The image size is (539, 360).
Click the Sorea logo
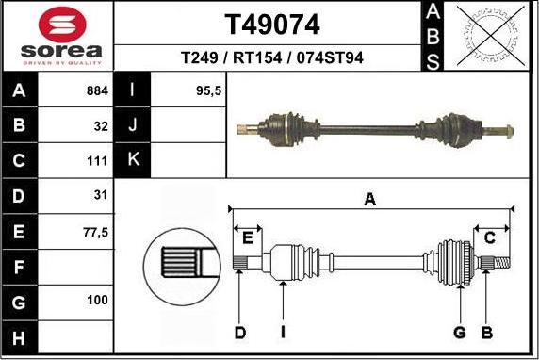point(57,36)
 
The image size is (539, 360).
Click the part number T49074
point(271,23)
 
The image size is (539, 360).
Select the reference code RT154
point(272,58)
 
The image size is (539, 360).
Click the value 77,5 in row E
point(96,230)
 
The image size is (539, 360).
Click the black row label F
point(20,267)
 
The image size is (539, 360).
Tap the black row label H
point(20,336)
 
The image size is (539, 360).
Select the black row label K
point(133,159)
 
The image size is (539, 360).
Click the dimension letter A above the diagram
point(369,199)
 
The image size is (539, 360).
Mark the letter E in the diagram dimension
point(249,236)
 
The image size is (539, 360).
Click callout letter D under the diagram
point(240,332)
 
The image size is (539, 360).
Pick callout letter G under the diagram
point(460,332)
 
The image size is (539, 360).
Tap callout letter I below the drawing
point(283,332)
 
